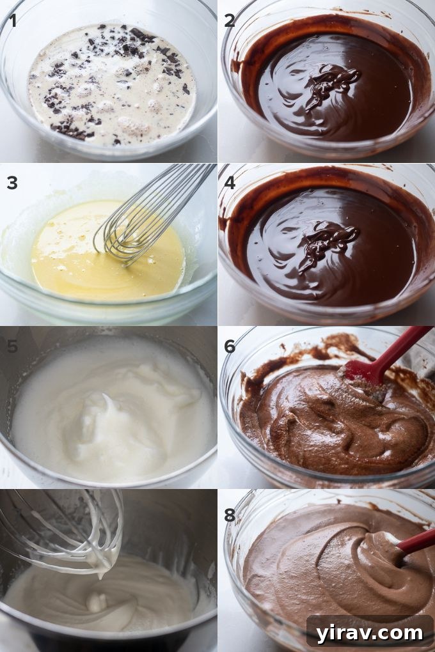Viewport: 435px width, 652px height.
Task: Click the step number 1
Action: coord(12,20)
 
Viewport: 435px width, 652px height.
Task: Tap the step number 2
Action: coord(230,20)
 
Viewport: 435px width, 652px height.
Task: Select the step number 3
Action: coord(12,183)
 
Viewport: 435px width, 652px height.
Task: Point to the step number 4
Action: coord(230,183)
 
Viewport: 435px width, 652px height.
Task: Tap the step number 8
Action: coord(230,515)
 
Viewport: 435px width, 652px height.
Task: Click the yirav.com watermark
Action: coord(370,633)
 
